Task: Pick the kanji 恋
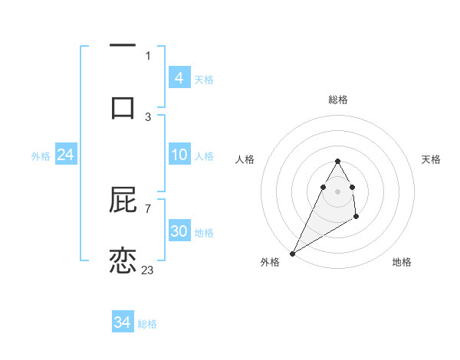point(123,260)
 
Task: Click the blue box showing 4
point(179,77)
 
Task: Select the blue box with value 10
point(179,155)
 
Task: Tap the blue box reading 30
point(179,231)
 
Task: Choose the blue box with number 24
point(65,155)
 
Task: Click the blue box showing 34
point(123,322)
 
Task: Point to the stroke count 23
point(148,270)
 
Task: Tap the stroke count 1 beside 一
point(148,55)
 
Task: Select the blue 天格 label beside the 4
point(204,79)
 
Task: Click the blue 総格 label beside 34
point(148,324)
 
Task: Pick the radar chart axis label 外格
point(270,262)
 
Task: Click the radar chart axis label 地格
point(402,262)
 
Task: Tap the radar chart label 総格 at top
point(337,100)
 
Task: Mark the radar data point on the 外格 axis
point(292,253)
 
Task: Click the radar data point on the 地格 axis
point(356,218)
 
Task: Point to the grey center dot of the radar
point(337,191)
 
